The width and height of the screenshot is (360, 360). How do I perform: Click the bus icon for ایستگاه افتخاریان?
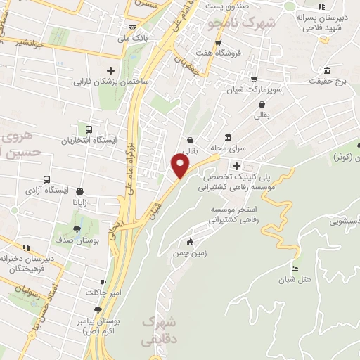[89, 129]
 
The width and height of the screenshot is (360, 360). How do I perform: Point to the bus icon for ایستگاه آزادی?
[46, 179]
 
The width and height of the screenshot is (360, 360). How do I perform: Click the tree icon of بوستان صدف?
[77, 229]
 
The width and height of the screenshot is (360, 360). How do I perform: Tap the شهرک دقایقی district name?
[159, 329]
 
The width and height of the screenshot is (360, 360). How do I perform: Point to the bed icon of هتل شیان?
[295, 270]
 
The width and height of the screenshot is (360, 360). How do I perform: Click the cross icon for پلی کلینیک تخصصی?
[236, 167]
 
